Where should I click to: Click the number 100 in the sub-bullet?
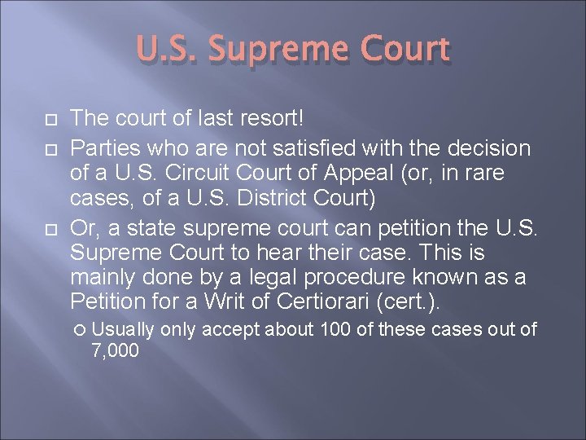[x=335, y=329]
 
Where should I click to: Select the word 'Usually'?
[x=124, y=329]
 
